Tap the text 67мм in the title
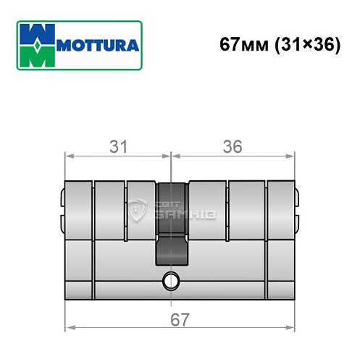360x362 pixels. (240, 45)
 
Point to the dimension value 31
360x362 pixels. (118, 146)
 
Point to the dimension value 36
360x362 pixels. (233, 146)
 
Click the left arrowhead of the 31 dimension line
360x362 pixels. (69, 156)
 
